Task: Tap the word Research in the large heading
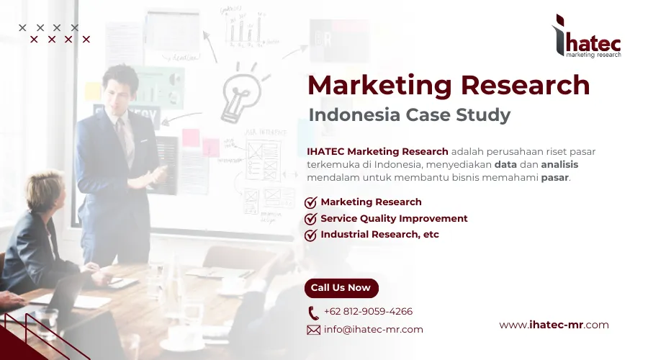[526, 86]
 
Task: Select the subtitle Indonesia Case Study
[409, 114]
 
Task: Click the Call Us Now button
[341, 288]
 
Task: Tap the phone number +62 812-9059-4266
[368, 312]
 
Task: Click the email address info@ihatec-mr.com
[373, 330]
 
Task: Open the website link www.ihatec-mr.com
[554, 325]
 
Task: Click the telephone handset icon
[313, 312]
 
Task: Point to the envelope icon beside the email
[313, 330]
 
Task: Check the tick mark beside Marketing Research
[311, 202]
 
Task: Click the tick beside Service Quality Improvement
[311, 219]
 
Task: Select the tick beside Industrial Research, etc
[311, 235]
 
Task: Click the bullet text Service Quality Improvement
[394, 218]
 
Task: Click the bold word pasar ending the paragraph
[554, 177]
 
